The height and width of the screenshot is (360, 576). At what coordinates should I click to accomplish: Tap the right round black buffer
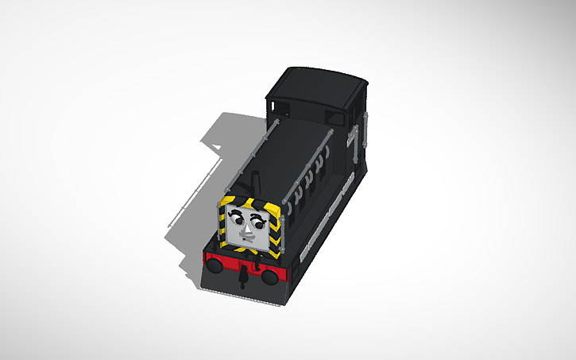[270, 276]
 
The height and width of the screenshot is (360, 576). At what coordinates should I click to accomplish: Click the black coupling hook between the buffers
[241, 277]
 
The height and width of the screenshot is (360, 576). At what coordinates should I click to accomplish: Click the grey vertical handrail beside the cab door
[366, 135]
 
